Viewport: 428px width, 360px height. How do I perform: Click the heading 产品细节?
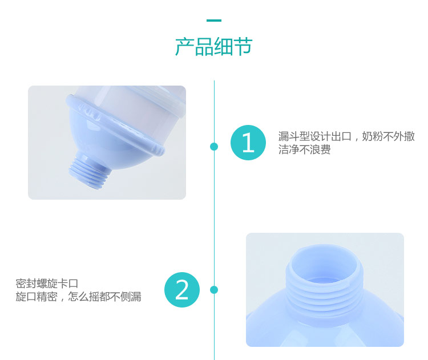pos(214,47)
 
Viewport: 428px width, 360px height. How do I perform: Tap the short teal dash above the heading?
pos(214,20)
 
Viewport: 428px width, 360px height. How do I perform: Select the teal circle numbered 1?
pos(248,143)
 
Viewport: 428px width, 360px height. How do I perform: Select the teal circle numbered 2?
pos(182,290)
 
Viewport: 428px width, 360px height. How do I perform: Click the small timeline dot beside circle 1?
pos(214,147)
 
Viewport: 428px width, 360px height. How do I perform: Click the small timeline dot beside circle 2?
pos(214,290)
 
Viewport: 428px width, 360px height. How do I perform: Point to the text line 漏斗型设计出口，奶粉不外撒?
pos(346,136)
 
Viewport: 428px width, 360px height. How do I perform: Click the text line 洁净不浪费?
pos(304,149)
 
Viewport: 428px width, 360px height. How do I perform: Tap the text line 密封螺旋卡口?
pos(47,284)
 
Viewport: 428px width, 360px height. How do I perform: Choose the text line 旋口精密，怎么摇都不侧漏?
pos(78,297)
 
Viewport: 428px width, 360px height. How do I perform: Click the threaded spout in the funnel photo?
pos(88,171)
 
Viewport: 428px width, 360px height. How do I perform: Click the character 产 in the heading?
pos(184,47)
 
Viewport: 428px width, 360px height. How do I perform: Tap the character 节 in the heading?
pos(243,47)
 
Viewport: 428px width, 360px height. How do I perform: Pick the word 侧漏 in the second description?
pos(131,297)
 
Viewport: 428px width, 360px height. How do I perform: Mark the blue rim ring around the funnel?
pos(115,124)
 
